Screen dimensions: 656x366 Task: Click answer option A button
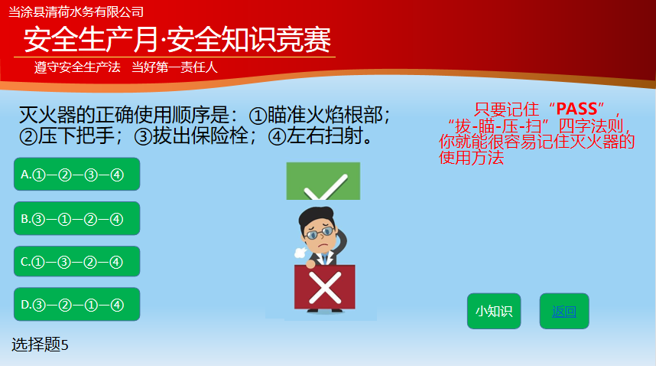[77, 175]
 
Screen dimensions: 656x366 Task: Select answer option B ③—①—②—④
[77, 218]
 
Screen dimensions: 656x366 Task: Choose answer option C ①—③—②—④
[77, 262]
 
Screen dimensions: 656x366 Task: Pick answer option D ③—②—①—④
[77, 305]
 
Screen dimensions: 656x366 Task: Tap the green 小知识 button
[494, 311]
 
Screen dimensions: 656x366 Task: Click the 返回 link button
[564, 311]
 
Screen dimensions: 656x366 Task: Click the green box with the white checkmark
[323, 181]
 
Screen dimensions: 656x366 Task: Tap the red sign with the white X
[325, 287]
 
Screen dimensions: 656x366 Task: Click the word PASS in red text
[577, 109]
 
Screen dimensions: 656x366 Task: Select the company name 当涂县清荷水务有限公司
[76, 12]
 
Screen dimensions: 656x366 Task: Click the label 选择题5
[40, 345]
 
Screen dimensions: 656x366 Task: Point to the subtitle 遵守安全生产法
[77, 67]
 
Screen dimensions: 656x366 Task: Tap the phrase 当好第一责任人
[175, 67]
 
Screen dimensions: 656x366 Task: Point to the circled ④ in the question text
[277, 137]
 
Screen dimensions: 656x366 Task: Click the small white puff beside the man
[300, 253]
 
